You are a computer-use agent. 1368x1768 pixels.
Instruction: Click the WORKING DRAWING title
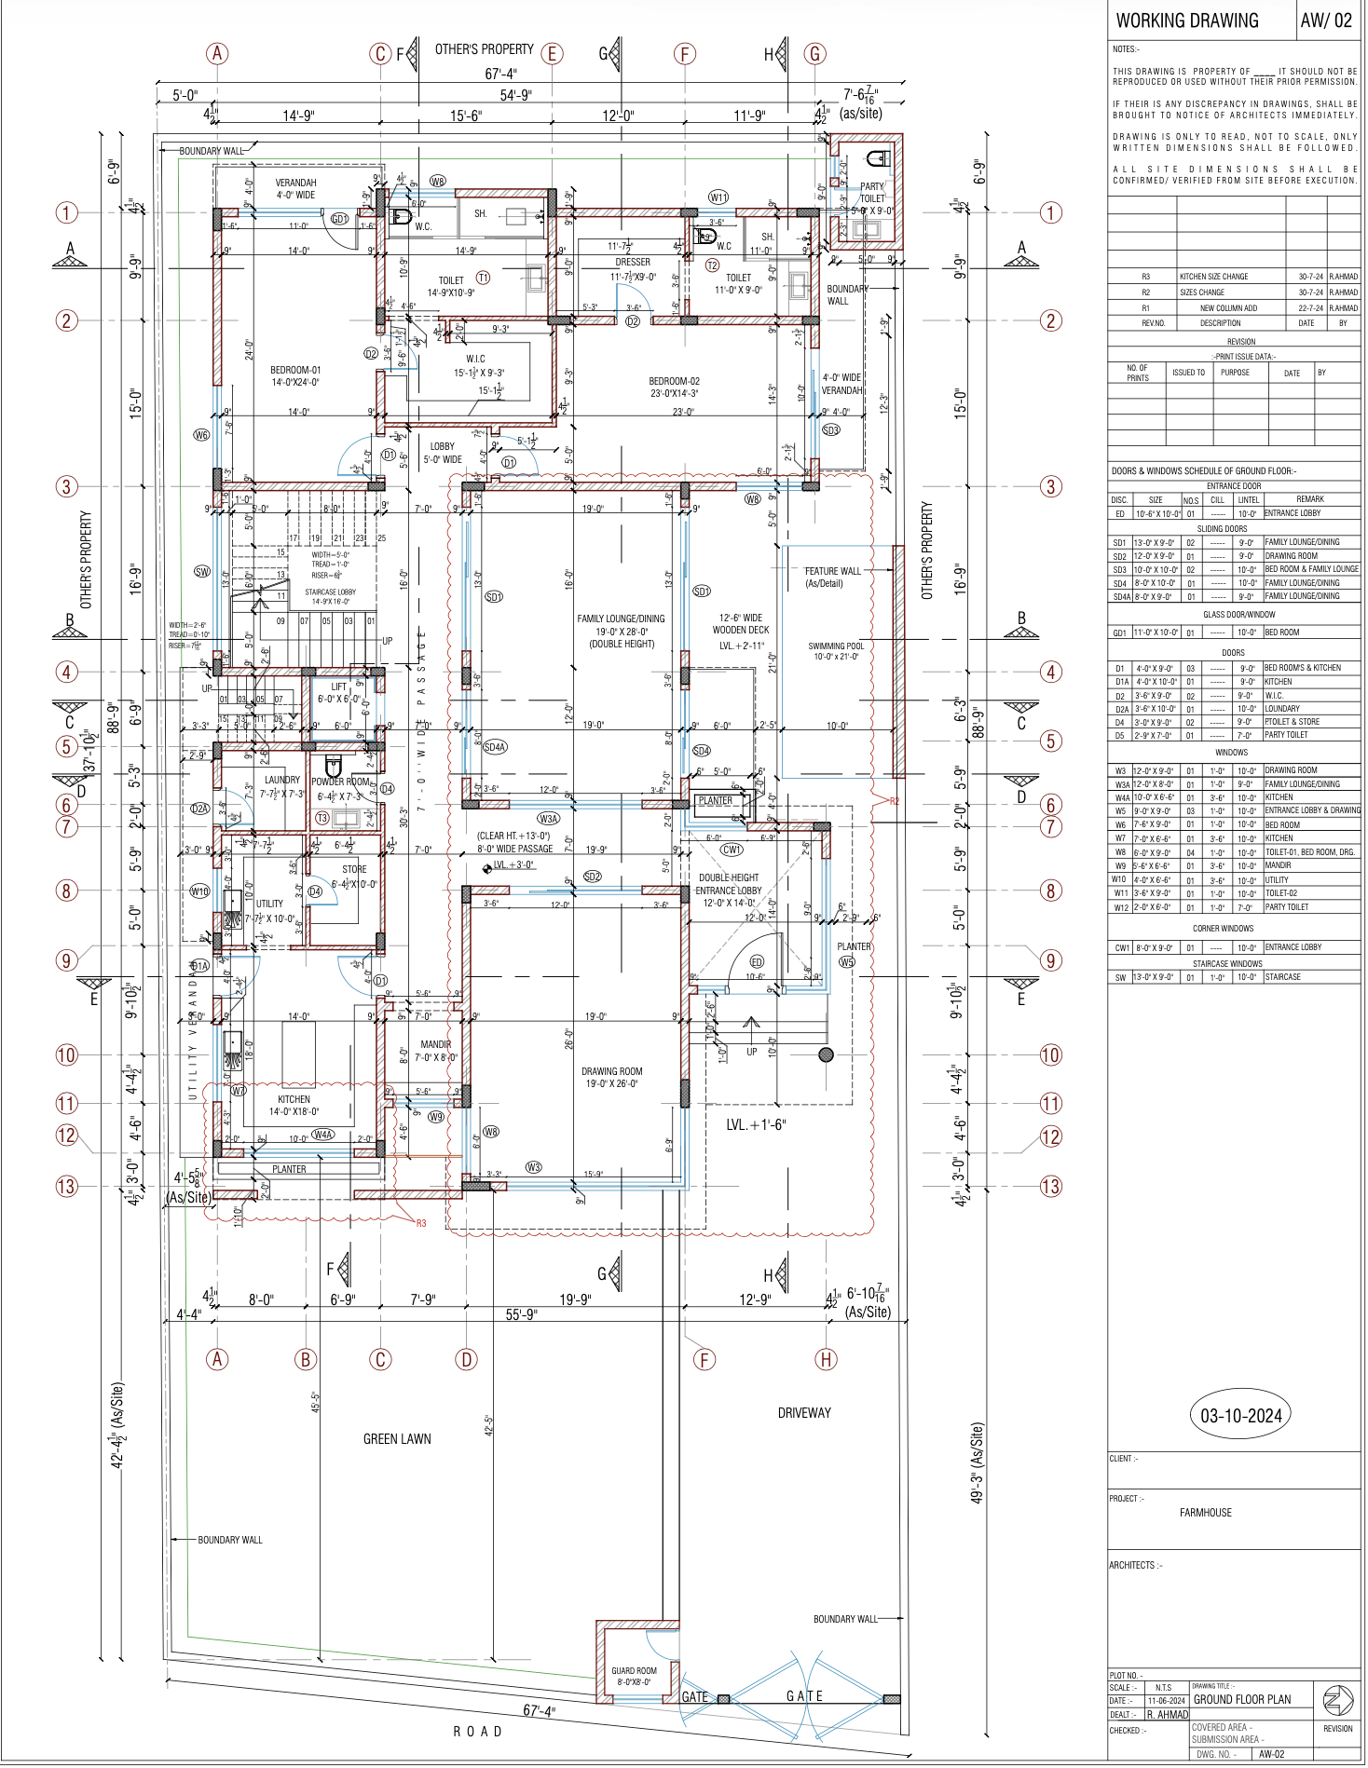(x=1186, y=20)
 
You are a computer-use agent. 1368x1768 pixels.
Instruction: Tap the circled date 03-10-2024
(x=1240, y=1416)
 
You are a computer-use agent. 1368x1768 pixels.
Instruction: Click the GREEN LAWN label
(x=397, y=1439)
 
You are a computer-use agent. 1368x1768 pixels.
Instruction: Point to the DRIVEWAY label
(x=804, y=1413)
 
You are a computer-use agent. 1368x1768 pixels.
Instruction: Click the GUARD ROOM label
(x=634, y=1676)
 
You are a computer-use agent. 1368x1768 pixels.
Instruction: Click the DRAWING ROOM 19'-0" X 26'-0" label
(x=612, y=1077)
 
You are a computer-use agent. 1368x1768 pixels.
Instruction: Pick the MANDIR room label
(x=435, y=1044)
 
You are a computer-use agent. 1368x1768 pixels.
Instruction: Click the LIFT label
(x=338, y=687)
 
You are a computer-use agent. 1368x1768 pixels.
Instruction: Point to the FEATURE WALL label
(x=832, y=571)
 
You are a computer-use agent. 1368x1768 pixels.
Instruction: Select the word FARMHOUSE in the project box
(x=1205, y=1513)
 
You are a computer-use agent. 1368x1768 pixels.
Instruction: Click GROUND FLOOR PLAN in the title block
(x=1241, y=1699)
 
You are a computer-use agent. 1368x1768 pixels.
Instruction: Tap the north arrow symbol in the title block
(x=1338, y=1700)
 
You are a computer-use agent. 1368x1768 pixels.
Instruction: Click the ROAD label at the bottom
(x=478, y=1731)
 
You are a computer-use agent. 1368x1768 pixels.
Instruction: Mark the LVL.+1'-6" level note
(x=756, y=1125)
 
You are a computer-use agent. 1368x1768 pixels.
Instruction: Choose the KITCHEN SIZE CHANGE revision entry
(x=1213, y=277)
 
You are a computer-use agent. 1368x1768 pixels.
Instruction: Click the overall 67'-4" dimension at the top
(x=500, y=74)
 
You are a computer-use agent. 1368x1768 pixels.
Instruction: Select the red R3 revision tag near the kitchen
(x=421, y=1223)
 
